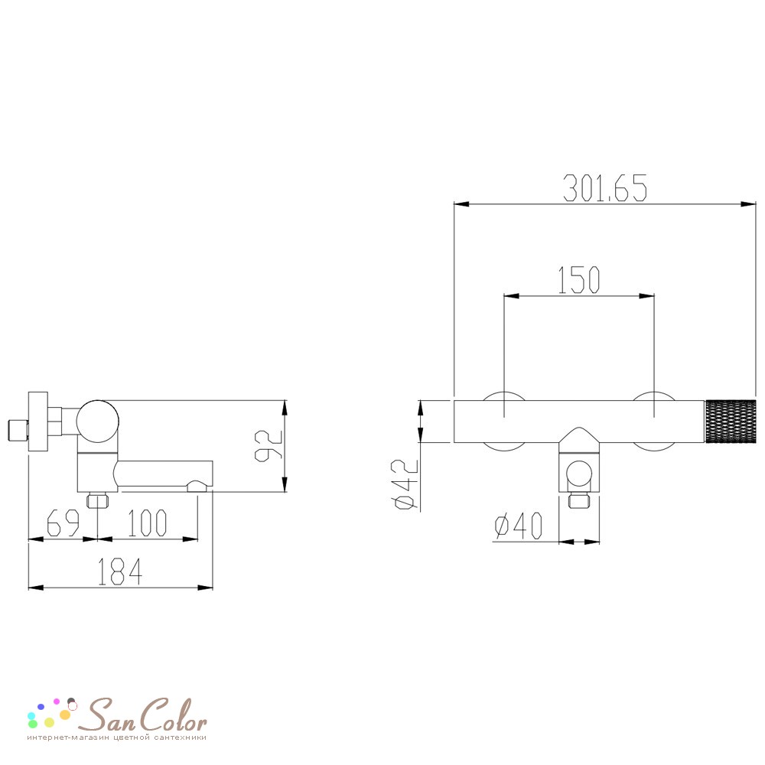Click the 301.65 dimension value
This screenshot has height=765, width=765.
pos(605,188)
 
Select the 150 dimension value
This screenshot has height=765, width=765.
pos(578,280)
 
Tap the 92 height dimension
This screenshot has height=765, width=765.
pos(269,445)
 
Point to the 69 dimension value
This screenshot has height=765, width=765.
pos(63,523)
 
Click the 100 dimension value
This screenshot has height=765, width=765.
pos(147,523)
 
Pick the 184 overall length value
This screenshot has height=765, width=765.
pos(120,571)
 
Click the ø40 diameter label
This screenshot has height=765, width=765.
pos(518,526)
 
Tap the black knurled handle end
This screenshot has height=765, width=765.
pos(731,422)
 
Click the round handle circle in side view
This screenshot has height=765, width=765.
pos(98,422)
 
